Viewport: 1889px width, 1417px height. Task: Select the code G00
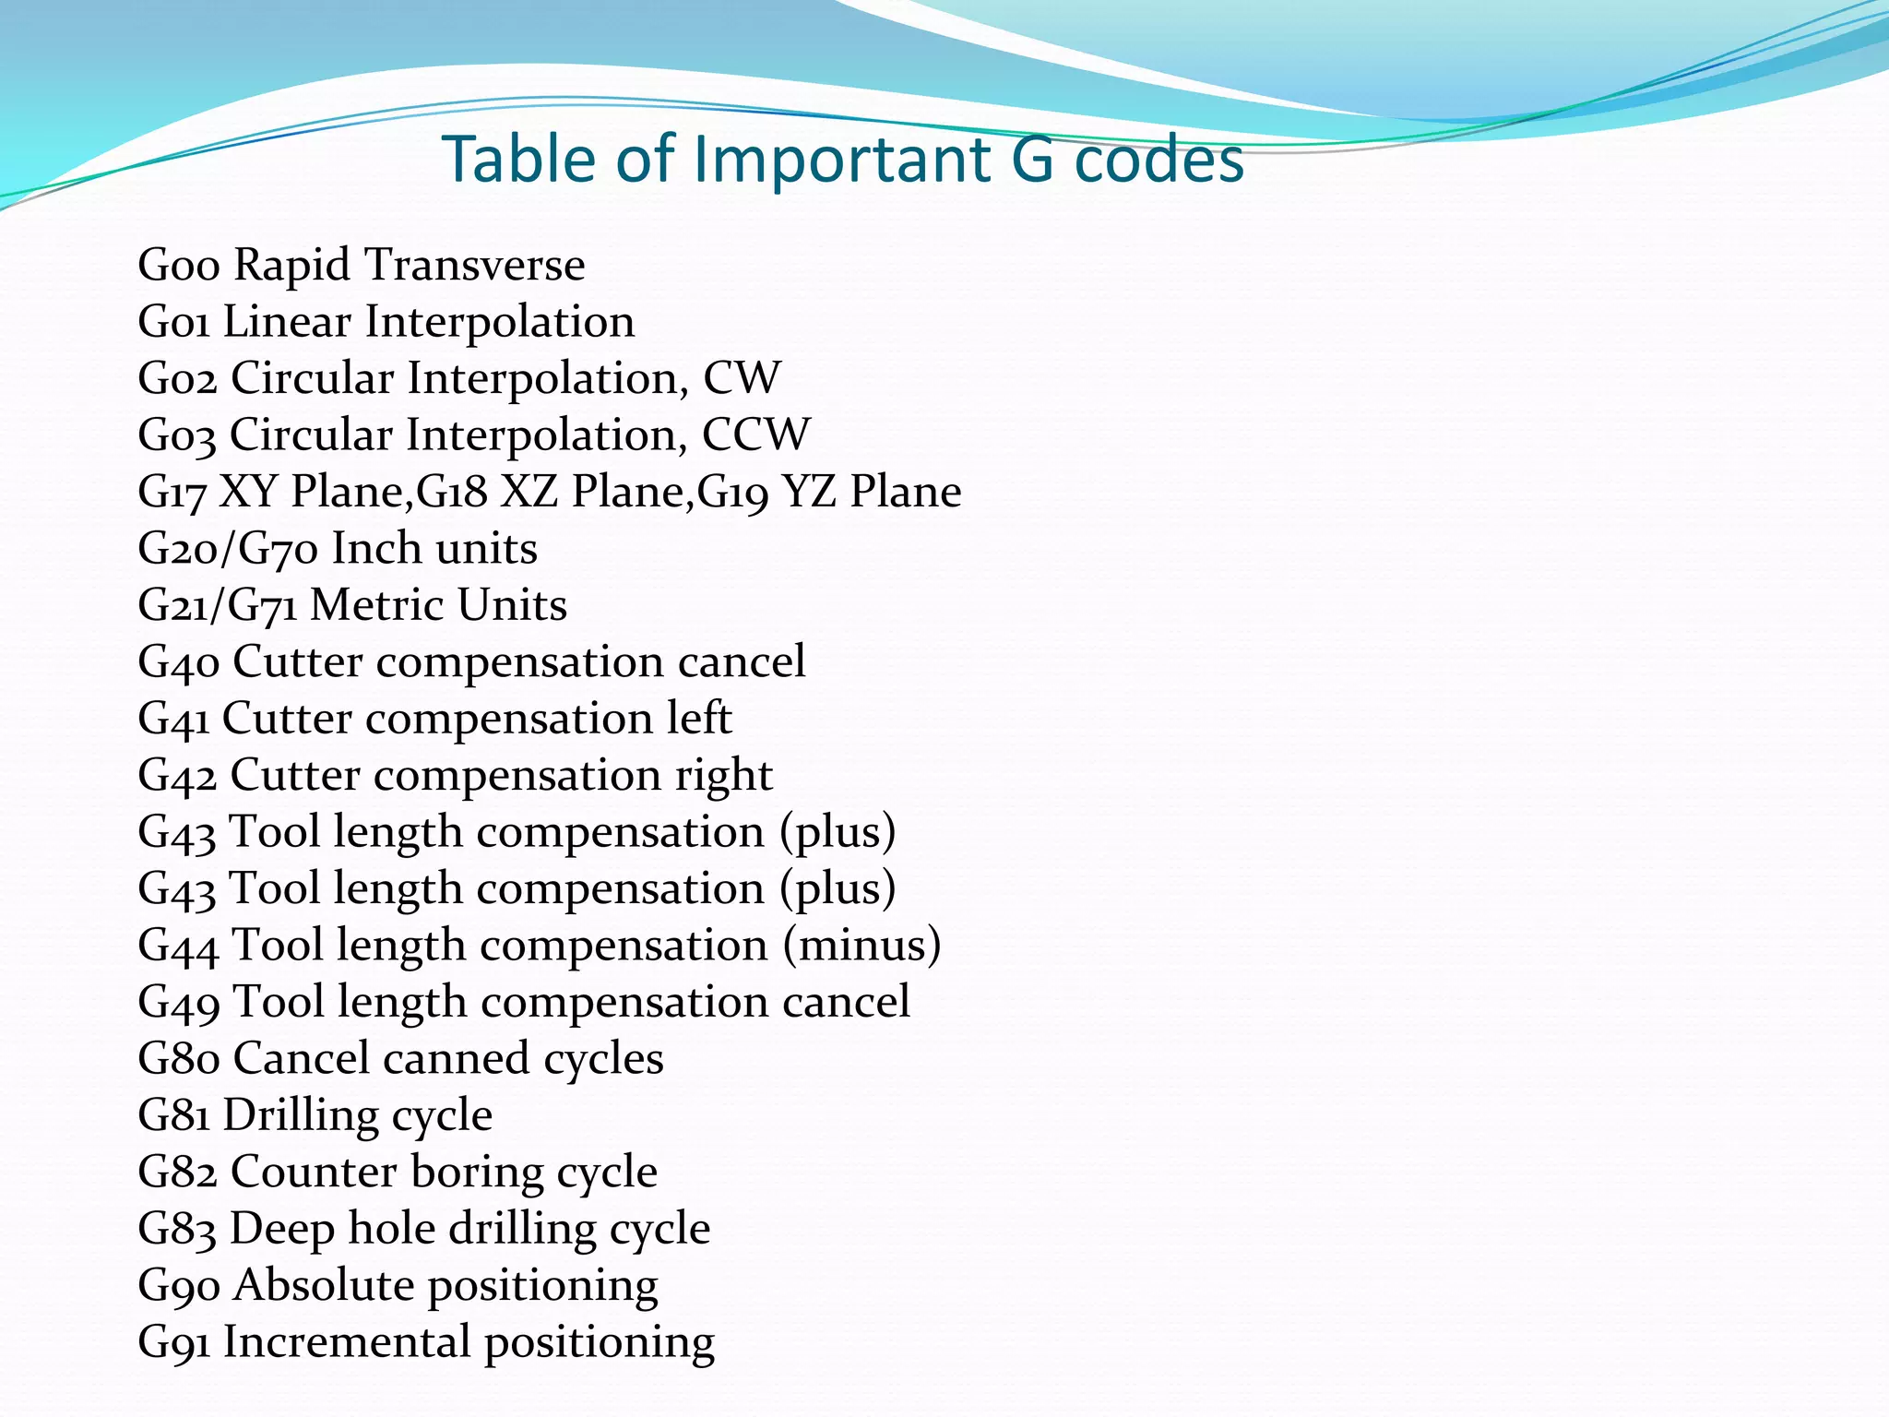point(179,266)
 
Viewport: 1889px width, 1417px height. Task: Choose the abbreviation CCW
point(755,435)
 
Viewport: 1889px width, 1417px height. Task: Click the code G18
point(452,492)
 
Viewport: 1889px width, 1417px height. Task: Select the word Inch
point(376,549)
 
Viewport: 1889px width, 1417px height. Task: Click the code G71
point(262,607)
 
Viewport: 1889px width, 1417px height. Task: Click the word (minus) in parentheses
point(862,946)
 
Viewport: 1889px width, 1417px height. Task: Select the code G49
point(179,1003)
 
